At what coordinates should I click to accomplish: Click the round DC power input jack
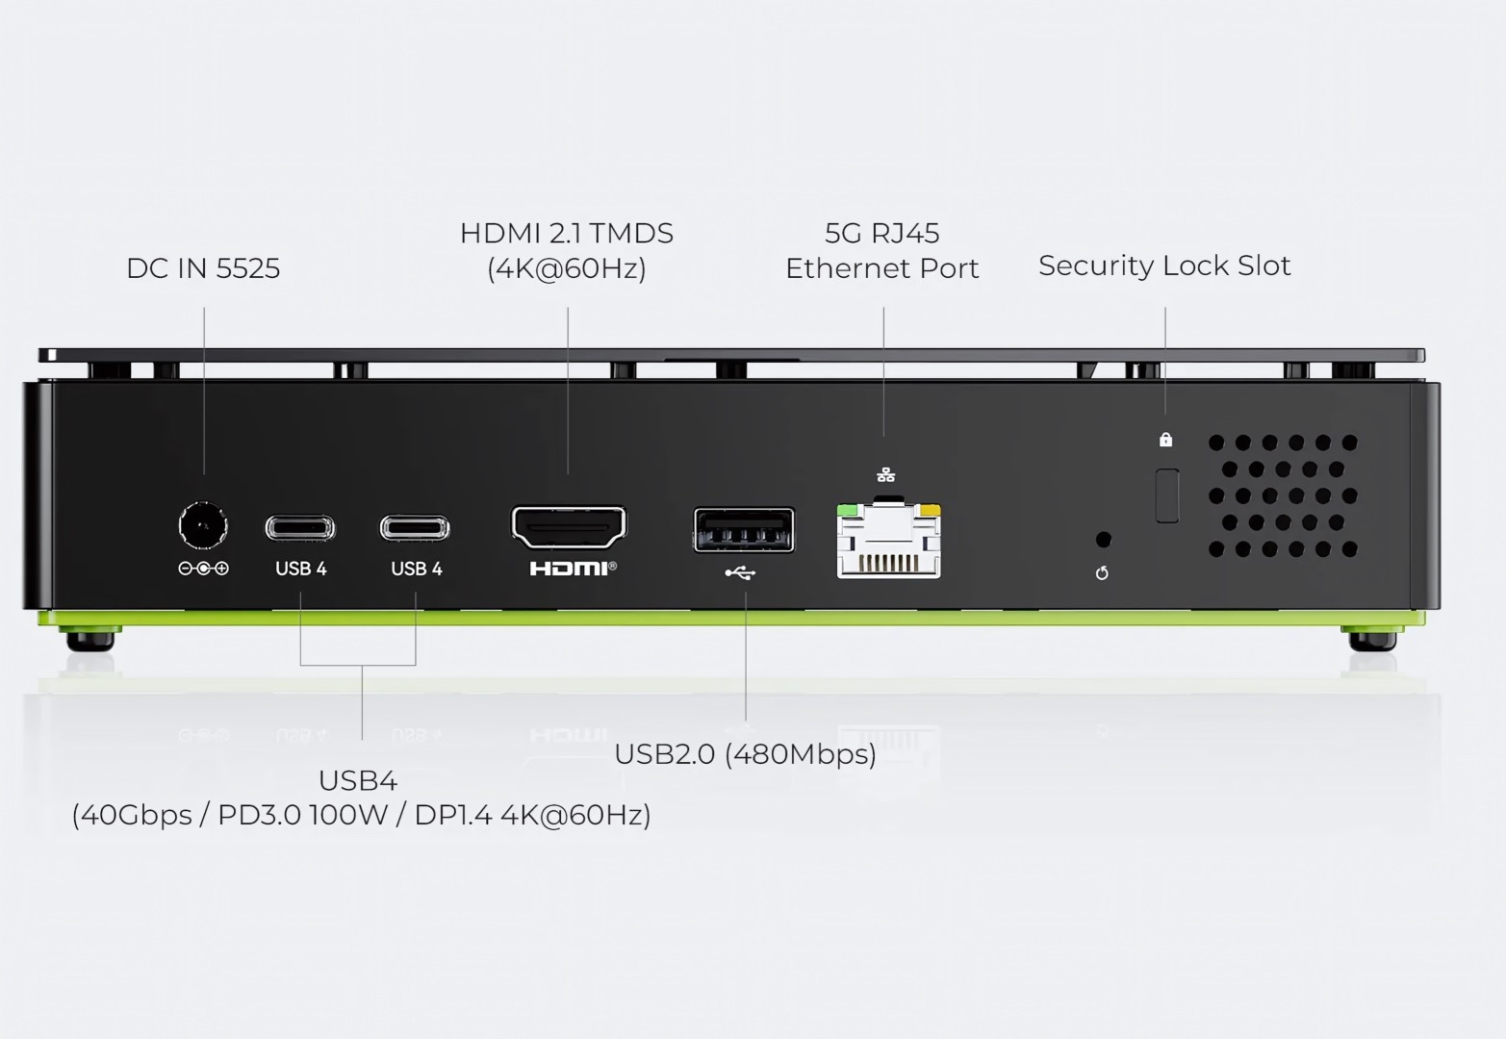pos(203,526)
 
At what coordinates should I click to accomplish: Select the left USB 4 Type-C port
pos(300,528)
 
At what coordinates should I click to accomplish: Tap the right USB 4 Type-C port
pos(415,528)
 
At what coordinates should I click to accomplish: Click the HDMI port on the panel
pos(569,527)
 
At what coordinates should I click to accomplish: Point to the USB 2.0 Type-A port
pos(744,530)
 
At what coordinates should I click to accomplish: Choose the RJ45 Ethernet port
pos(888,543)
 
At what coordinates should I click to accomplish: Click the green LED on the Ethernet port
pos(847,510)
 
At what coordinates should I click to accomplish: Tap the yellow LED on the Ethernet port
pos(930,510)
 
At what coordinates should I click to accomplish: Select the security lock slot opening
pos(1166,495)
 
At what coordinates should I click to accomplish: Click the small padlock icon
pos(1165,440)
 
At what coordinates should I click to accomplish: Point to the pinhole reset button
pos(1103,540)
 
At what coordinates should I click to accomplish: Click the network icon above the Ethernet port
pos(886,474)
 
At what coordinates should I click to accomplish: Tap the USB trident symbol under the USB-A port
pos(740,573)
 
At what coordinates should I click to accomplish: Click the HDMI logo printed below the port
pos(572,569)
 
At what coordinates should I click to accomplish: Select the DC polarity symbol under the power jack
pos(203,569)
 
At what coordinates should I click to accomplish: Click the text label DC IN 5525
pos(203,268)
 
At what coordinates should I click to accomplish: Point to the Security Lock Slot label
pos(1164,266)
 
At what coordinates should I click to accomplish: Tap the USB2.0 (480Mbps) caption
pos(745,754)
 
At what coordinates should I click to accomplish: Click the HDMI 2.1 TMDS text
pos(566,234)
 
